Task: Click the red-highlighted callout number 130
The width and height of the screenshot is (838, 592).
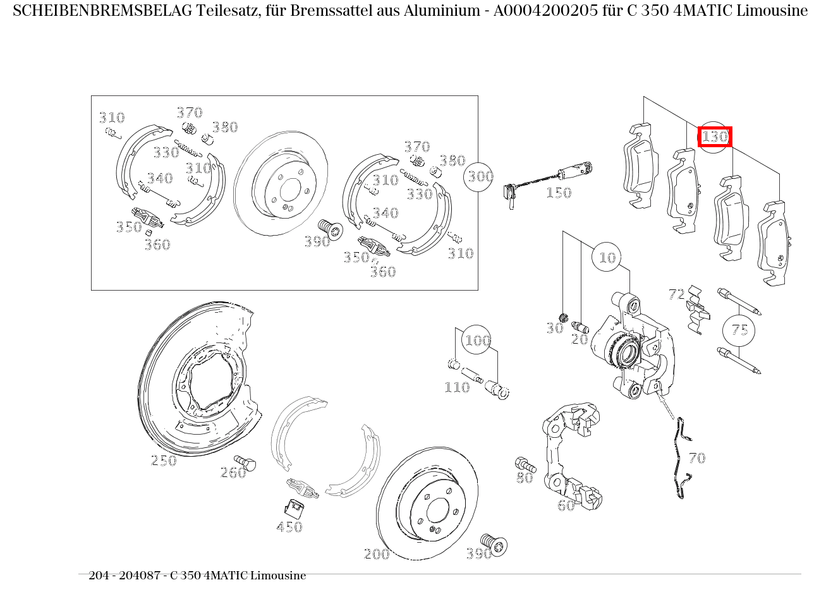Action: [715, 136]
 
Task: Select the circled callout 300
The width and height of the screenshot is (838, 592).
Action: [480, 176]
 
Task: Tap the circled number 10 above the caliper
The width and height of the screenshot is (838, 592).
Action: [607, 257]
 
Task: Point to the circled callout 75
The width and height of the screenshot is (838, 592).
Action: [739, 330]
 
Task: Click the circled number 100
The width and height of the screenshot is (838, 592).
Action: [477, 341]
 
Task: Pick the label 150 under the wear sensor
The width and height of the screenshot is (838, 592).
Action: [558, 193]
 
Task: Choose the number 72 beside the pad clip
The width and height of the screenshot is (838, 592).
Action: [676, 294]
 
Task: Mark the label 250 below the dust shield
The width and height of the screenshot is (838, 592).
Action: [164, 461]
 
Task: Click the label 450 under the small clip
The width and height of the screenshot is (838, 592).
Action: [289, 527]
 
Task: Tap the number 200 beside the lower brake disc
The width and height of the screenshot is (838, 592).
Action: [377, 554]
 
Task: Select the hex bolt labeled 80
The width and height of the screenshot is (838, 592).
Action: [526, 465]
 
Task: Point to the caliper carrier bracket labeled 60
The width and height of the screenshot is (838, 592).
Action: [572, 455]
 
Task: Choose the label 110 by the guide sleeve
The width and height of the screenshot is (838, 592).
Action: [457, 387]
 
